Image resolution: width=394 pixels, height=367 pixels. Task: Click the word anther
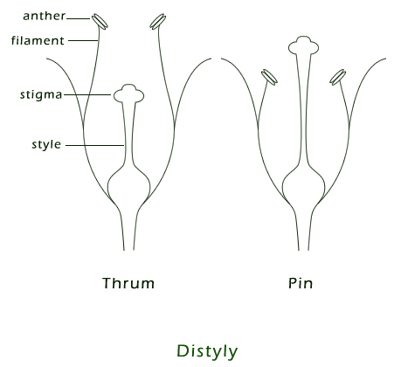tap(44, 16)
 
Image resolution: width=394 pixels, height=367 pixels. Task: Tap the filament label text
tap(38, 40)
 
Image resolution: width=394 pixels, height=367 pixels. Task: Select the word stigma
tap(41, 94)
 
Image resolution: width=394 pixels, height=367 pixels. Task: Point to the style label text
tap(46, 144)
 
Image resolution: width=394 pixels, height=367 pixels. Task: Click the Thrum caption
tap(128, 283)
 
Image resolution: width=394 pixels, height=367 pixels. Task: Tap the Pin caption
tap(301, 283)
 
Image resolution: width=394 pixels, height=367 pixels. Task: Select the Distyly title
tap(207, 351)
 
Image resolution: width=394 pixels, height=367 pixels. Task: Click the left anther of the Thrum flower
tap(100, 21)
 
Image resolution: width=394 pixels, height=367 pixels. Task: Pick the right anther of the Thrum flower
tap(158, 22)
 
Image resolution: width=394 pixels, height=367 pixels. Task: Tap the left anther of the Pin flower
tap(269, 77)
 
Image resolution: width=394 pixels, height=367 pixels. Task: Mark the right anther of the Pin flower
tap(338, 77)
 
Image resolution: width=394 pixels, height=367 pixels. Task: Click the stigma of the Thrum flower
tap(128, 93)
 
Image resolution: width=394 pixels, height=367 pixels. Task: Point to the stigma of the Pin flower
tap(303, 45)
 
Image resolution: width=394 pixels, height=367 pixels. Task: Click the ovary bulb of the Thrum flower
tap(128, 183)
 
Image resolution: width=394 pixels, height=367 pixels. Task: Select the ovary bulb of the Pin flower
tap(303, 183)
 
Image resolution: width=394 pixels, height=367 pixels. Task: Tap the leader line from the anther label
tap(78, 18)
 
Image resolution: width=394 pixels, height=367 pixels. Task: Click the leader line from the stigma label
tap(87, 94)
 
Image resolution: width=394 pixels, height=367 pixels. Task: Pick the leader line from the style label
tap(95, 145)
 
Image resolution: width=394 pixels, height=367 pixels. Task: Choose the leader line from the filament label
tap(83, 40)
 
